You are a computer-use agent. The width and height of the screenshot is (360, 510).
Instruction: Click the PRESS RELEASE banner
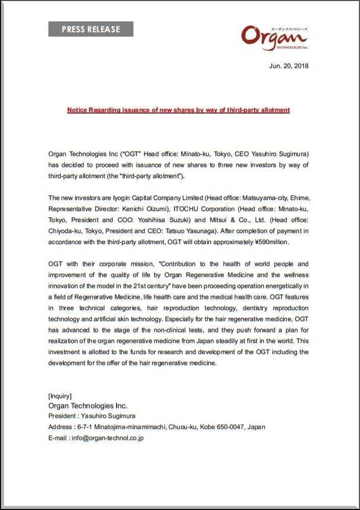91,29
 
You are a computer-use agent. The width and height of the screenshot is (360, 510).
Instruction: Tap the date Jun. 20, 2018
289,66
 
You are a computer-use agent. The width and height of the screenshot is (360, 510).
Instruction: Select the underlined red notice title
178,110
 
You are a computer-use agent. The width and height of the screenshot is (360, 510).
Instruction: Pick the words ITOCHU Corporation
196,209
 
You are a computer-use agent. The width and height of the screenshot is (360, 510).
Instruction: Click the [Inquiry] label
60,396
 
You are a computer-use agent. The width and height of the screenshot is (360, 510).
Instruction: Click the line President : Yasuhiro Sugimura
92,416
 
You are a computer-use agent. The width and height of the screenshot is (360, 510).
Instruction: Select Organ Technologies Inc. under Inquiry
87,406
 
